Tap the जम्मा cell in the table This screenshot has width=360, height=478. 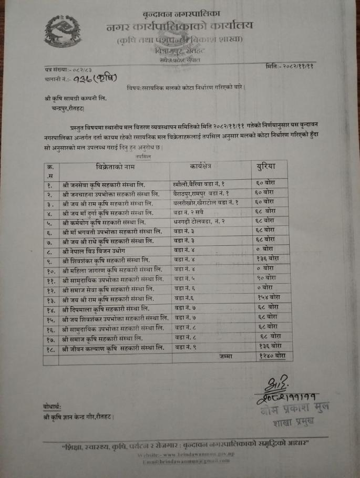[x=225, y=356]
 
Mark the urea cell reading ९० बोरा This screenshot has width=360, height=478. [x=268, y=278]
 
